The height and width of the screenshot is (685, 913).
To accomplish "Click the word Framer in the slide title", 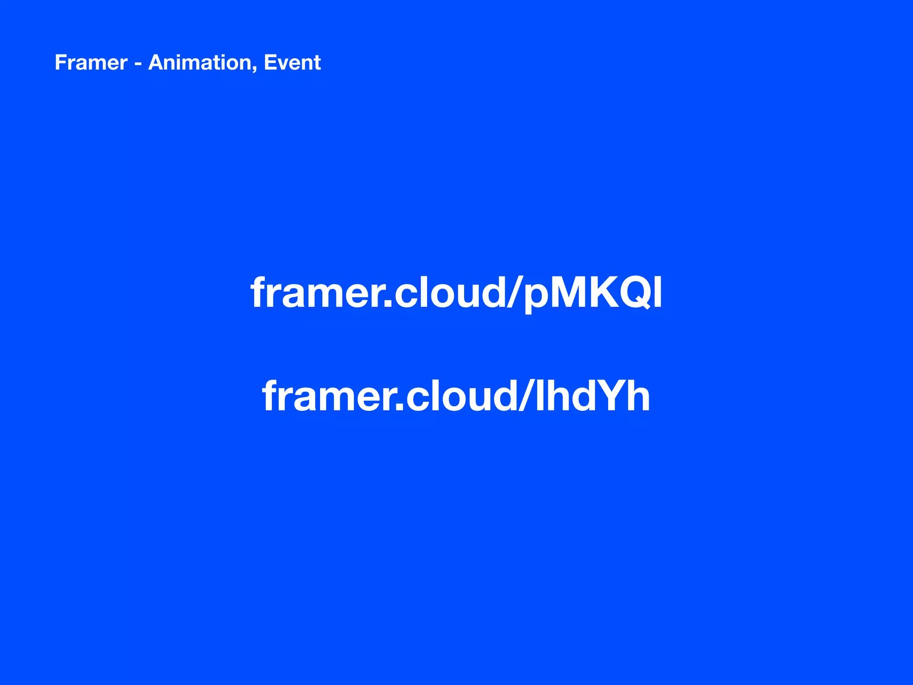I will [x=91, y=62].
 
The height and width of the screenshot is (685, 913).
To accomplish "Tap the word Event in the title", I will [x=292, y=62].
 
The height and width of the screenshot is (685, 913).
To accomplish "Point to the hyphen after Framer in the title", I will [x=138, y=64].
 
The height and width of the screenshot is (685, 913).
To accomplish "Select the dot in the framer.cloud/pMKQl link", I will [x=387, y=305].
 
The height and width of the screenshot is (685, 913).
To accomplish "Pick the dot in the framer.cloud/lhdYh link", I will [x=399, y=407].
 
